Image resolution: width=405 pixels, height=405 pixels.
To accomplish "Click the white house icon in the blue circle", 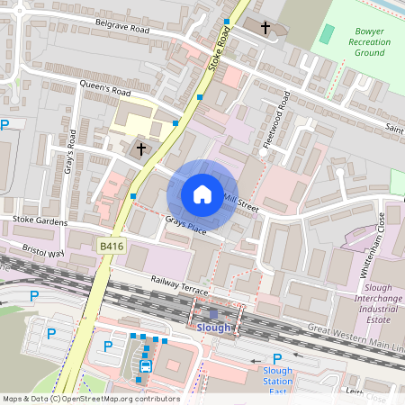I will click(202, 194).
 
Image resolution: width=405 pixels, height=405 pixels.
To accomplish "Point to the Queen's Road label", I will click(106, 91).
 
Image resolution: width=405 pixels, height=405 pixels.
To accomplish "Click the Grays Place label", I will click(185, 227).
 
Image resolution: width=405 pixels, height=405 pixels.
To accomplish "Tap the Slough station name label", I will click(214, 328).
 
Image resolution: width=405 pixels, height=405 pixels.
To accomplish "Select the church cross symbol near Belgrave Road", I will click(265, 28).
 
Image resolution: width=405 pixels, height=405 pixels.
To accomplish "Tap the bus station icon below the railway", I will click(145, 365).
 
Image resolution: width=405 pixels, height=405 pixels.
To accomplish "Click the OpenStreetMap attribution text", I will click(90, 399).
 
